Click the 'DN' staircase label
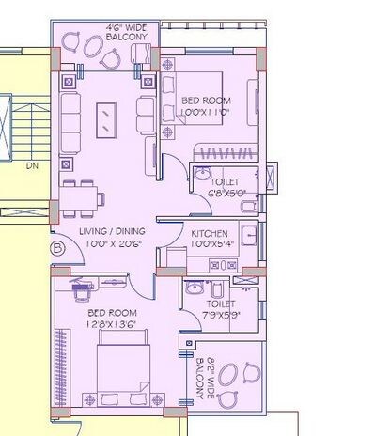(x=31, y=166)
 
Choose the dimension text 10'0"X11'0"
(x=206, y=112)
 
